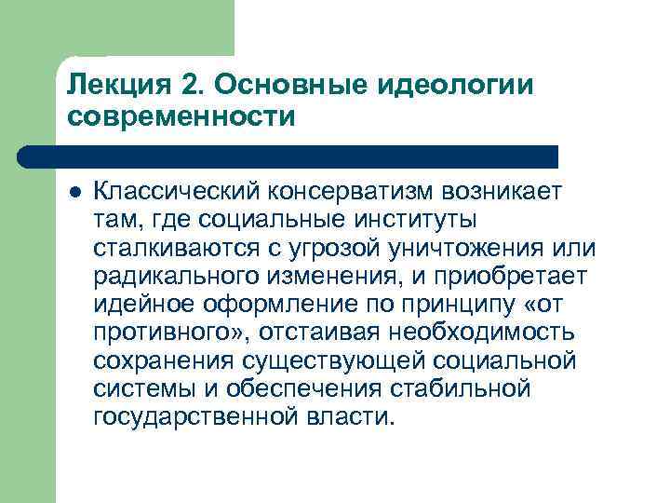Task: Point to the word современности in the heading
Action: point(181,118)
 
